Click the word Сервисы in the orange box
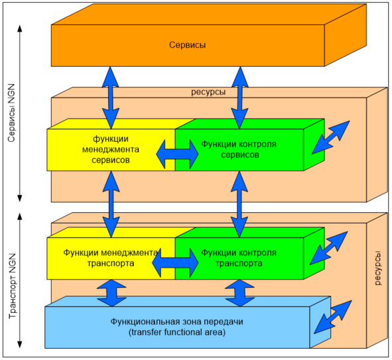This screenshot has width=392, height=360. click(188, 45)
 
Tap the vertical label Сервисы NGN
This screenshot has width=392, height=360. click(11, 113)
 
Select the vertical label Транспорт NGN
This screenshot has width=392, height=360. click(12, 286)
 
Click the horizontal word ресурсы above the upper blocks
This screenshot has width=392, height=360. click(208, 92)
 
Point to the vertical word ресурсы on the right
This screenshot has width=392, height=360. click(378, 269)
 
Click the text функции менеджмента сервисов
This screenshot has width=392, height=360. click(111, 149)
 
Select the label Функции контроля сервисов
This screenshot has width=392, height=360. click(239, 149)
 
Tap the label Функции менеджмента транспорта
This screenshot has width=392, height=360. click(111, 258)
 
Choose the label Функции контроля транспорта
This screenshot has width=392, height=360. click(239, 258)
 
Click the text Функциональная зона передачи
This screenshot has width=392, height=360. click(176, 322)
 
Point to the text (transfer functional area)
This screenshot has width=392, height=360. click(177, 332)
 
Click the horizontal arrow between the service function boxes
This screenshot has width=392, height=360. click(177, 154)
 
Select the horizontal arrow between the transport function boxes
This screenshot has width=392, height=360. click(175, 263)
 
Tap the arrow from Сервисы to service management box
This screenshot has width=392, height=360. click(111, 97)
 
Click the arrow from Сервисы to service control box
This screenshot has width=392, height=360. click(239, 97)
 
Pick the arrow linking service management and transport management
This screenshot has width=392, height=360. click(111, 204)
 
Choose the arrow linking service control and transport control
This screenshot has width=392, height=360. click(239, 204)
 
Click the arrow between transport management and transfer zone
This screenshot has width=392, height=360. click(111, 293)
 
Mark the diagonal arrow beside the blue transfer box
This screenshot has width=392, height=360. click(333, 317)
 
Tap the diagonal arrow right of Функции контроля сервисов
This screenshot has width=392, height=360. click(330, 137)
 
